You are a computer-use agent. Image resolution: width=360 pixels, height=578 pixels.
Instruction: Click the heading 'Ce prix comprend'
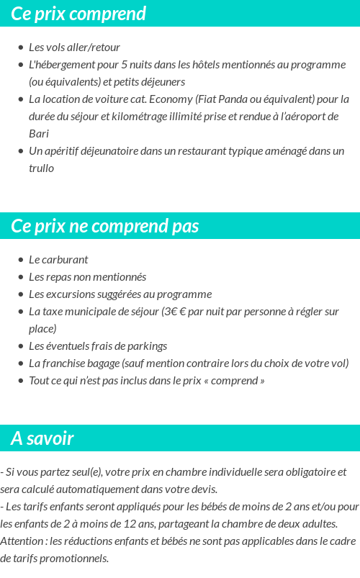tap(78, 14)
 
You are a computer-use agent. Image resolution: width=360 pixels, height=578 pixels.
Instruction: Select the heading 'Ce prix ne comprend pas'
tap(104, 226)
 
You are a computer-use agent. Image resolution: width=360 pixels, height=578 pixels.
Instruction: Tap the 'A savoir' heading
tap(42, 438)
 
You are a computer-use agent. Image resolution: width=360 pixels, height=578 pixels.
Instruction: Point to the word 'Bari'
tap(39, 134)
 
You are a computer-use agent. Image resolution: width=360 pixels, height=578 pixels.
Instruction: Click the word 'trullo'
tap(41, 168)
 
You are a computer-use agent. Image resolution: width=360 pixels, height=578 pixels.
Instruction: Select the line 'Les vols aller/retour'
tap(74, 48)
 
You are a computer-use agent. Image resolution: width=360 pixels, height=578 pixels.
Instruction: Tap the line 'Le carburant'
tap(58, 260)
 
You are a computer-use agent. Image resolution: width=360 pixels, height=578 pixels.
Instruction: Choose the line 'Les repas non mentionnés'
tap(87, 277)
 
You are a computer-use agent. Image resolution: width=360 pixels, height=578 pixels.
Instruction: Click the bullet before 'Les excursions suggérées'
tap(21, 294)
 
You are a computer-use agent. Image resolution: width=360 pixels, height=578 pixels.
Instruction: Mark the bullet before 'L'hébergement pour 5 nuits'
tap(21, 65)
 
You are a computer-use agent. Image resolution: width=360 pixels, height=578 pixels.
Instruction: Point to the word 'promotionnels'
tap(77, 559)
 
